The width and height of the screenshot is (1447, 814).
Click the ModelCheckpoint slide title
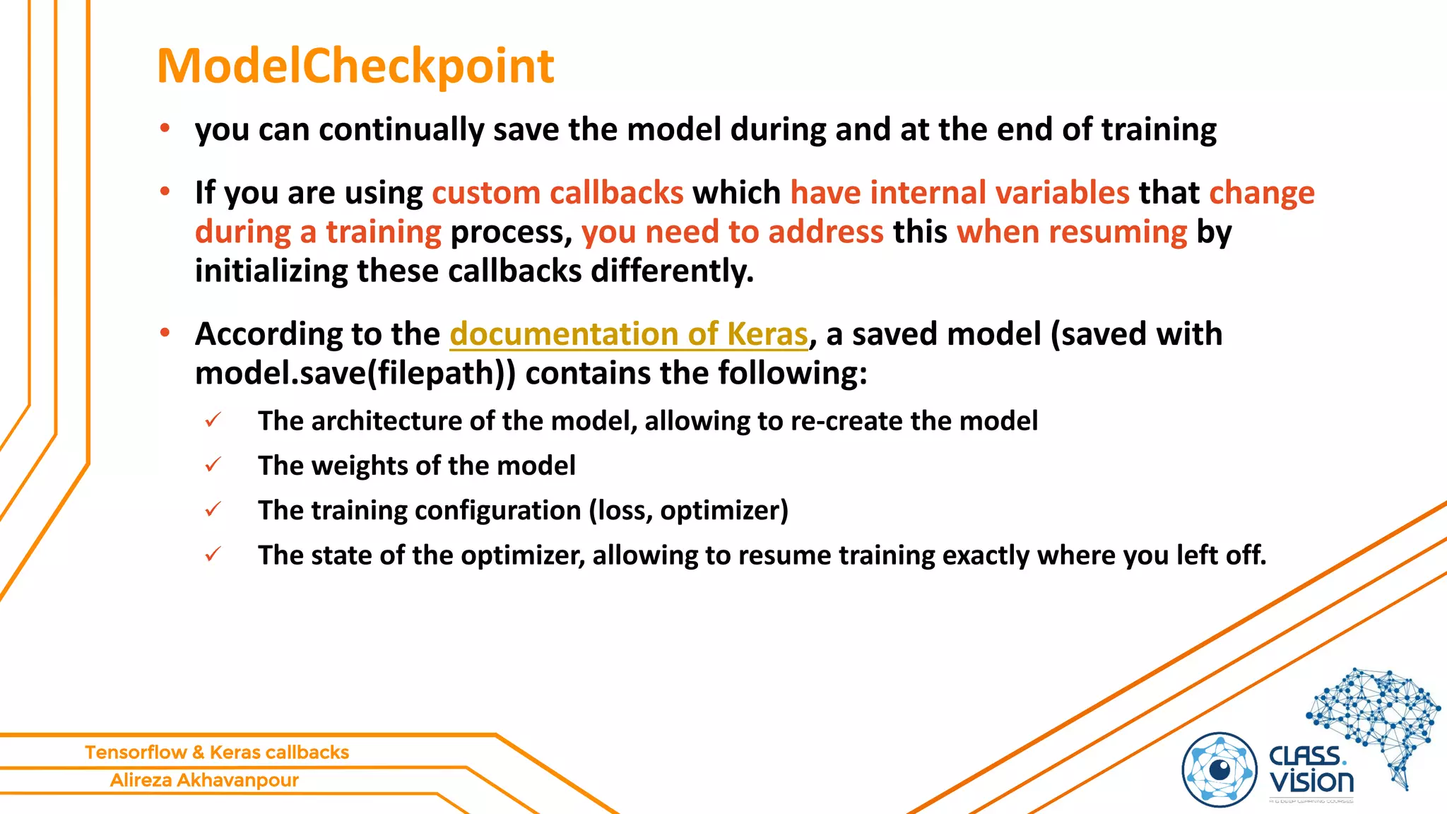[x=355, y=66]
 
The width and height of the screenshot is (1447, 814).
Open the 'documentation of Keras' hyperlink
[x=628, y=334]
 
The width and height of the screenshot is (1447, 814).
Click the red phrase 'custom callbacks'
[x=557, y=192]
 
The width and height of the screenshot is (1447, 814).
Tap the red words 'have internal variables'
[x=959, y=192]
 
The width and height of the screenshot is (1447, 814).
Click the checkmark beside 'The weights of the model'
[x=213, y=465]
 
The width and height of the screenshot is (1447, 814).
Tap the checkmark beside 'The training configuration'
[x=213, y=509]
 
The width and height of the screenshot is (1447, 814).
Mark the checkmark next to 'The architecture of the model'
[x=213, y=420]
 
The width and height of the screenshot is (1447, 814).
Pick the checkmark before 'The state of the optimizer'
[x=213, y=555]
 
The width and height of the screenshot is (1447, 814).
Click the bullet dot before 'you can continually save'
[x=165, y=129]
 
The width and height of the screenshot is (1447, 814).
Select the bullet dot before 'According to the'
[x=165, y=333]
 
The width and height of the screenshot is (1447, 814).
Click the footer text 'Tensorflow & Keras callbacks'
[x=217, y=752]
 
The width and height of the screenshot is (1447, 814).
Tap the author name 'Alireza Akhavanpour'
[x=204, y=780]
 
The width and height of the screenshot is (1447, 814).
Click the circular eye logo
[x=1219, y=770]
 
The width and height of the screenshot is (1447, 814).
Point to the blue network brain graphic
[x=1374, y=714]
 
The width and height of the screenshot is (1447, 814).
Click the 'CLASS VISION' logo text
[x=1311, y=770]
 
